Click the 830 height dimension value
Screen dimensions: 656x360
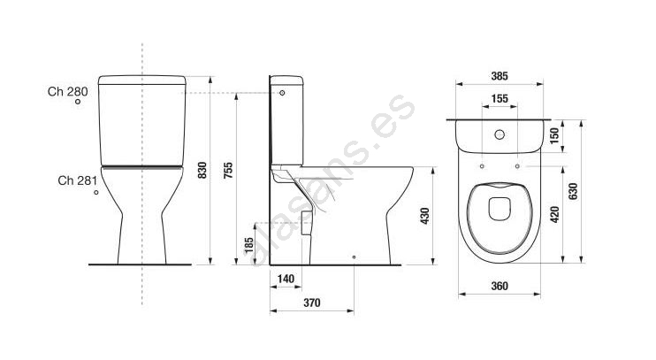[x=202, y=171]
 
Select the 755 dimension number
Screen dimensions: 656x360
[x=228, y=171]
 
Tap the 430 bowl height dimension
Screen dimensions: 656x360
[x=425, y=216]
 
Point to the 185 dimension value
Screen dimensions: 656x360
[x=249, y=245]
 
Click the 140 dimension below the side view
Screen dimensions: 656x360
[x=286, y=279]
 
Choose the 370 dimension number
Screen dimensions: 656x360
[x=312, y=303]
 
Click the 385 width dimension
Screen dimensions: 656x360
[x=500, y=76]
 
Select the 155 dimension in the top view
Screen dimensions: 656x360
[x=500, y=99]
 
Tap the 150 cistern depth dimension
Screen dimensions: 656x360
[x=554, y=135]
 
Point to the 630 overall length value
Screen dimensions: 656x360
[x=573, y=191]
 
